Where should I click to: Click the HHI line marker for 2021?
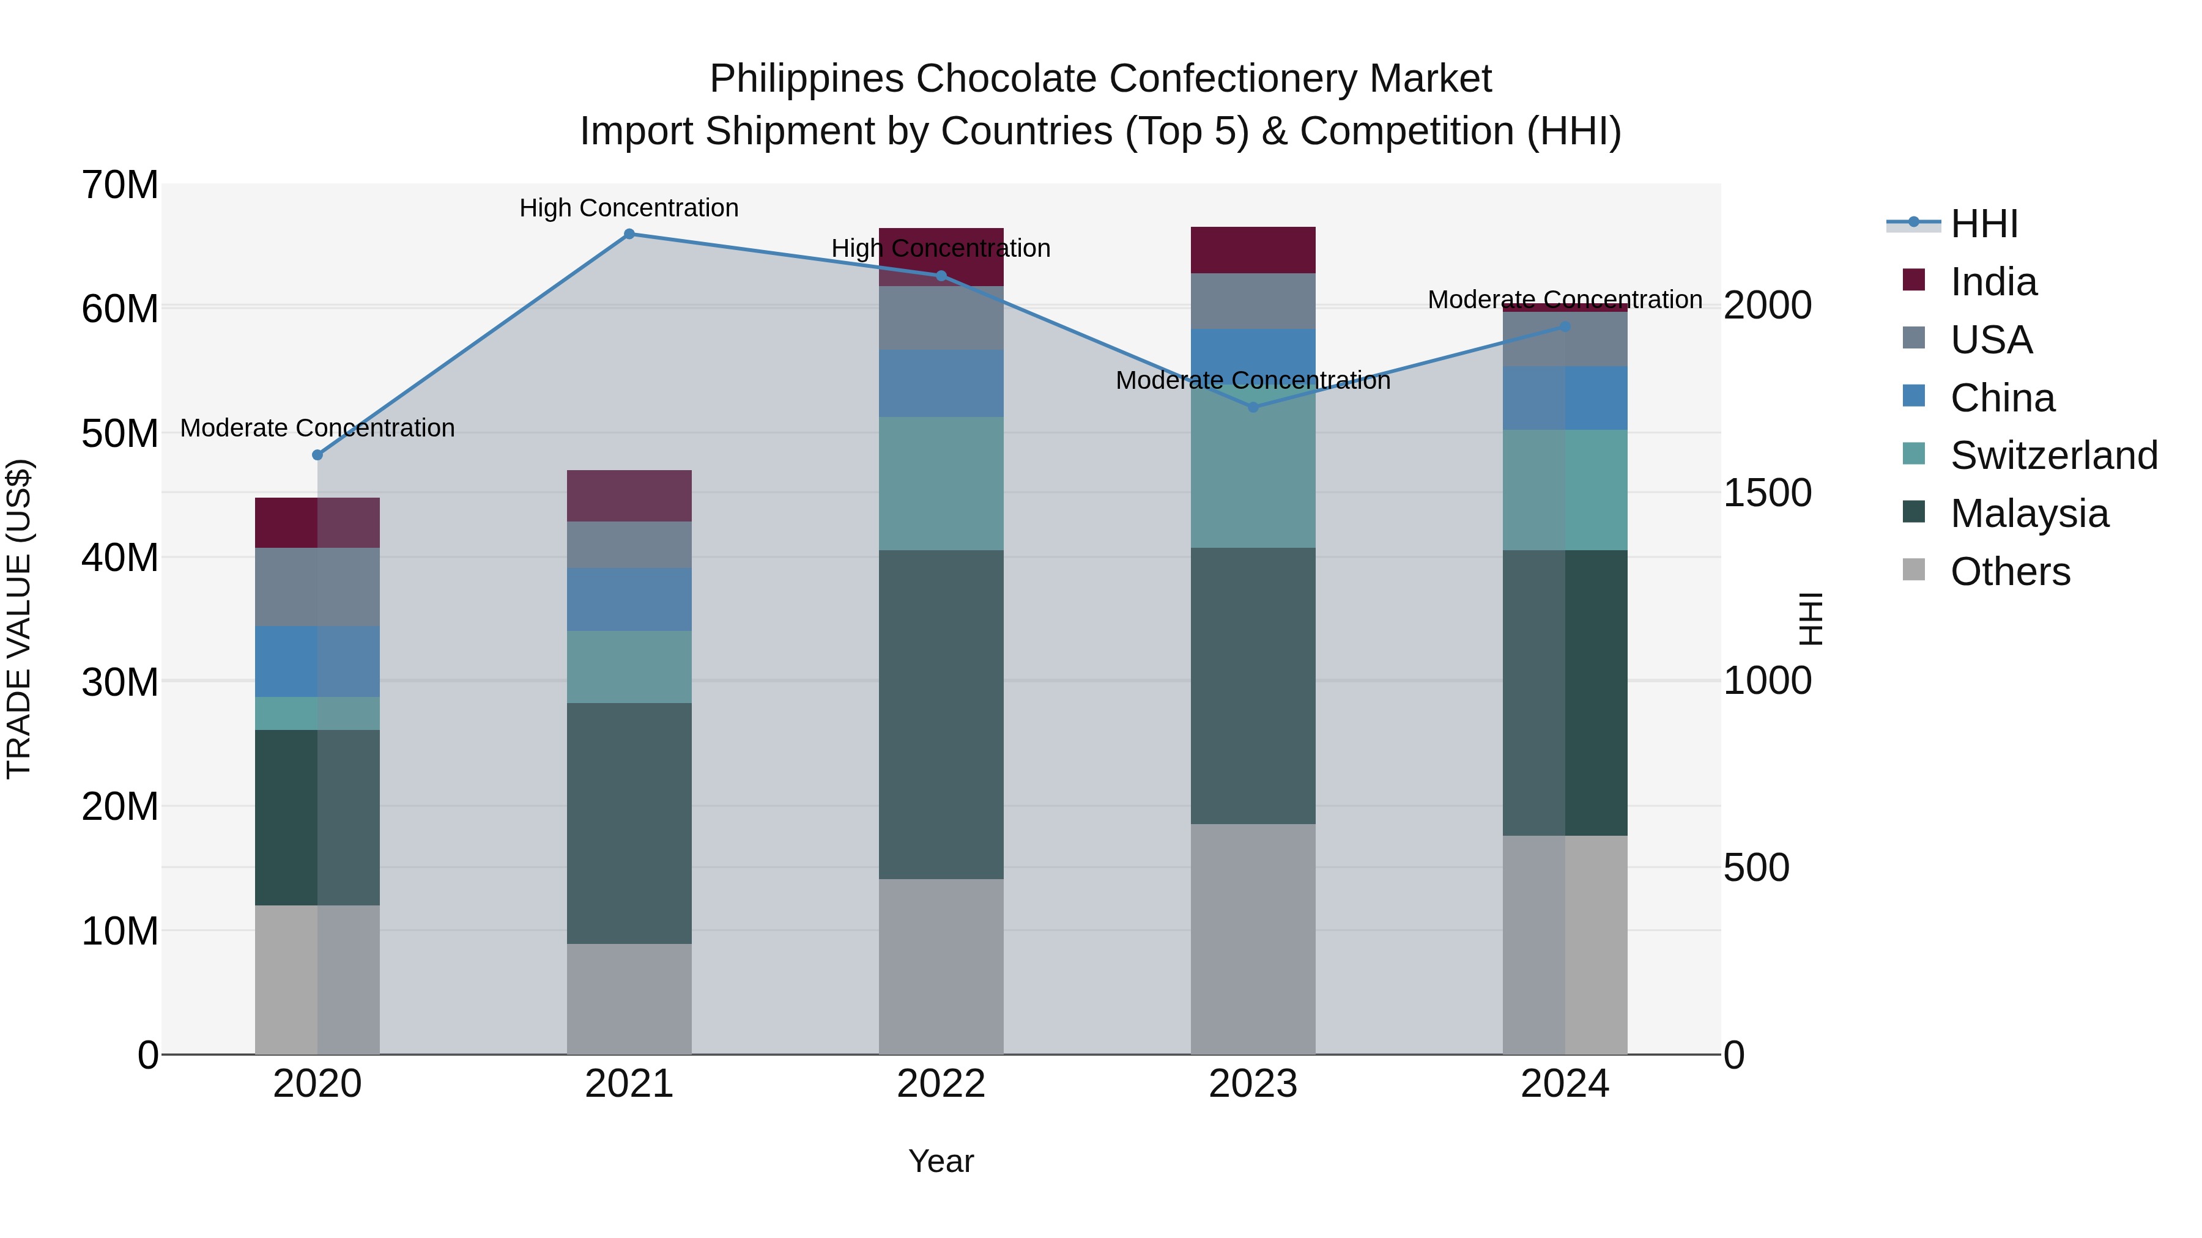coord(629,234)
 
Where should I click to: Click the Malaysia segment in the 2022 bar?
coord(941,714)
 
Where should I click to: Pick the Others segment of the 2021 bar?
coord(629,999)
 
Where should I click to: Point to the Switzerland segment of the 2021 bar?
coord(629,667)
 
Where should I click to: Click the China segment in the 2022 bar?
coord(941,383)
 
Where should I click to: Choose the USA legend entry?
coord(1991,340)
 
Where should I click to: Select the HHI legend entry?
coord(1983,224)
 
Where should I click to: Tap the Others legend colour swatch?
coord(1914,570)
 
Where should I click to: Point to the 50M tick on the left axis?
coord(120,434)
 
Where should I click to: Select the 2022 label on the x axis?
coord(941,1084)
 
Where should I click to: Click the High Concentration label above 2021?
coord(629,208)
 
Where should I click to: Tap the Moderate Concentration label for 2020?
coord(317,428)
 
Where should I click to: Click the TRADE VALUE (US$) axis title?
coord(19,619)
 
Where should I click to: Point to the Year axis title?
coord(941,1161)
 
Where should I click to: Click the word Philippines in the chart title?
coord(807,79)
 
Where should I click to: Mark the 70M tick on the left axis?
coord(120,185)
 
